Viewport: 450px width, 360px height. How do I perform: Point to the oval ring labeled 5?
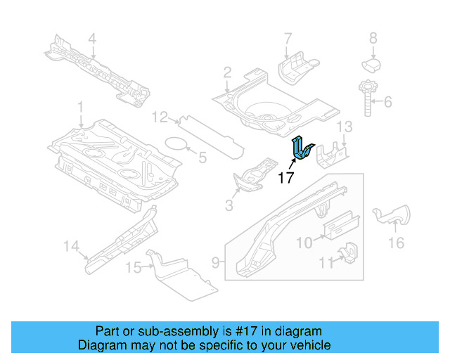tap(176, 144)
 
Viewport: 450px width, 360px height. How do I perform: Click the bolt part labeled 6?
tap(367, 100)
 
